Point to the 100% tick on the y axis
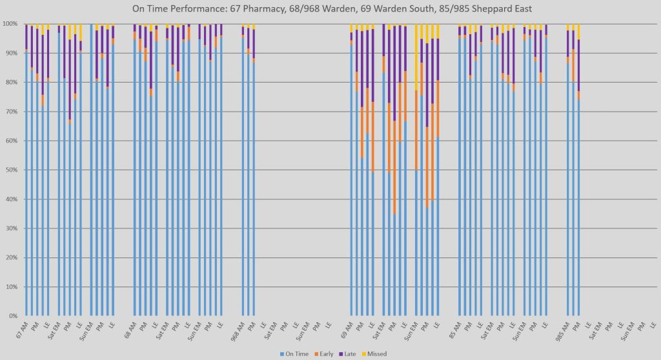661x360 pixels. tap(10, 24)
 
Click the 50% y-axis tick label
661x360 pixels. tap(12, 170)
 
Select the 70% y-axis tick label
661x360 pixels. tap(12, 112)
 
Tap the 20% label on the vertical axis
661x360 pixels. tap(12, 257)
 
